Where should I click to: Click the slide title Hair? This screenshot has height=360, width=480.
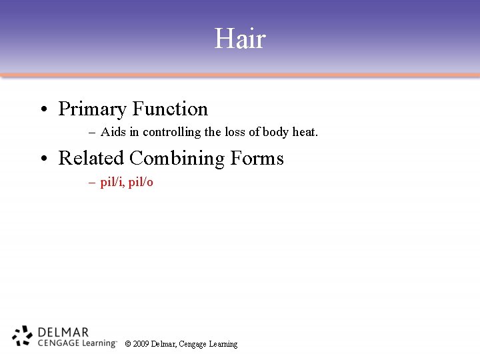pyautogui.click(x=240, y=39)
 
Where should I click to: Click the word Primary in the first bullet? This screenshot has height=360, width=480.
pyautogui.click(x=92, y=109)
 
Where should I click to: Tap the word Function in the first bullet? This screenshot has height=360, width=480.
pyautogui.click(x=170, y=109)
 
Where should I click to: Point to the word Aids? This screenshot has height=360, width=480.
pyautogui.click(x=113, y=132)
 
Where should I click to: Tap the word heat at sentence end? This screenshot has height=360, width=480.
pyautogui.click(x=305, y=132)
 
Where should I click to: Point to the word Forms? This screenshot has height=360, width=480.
pyautogui.click(x=257, y=158)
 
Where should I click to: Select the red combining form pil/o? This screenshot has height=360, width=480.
pyautogui.click(x=141, y=182)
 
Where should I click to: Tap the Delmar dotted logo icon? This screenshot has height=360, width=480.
pyautogui.click(x=23, y=335)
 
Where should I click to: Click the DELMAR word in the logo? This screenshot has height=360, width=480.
pyautogui.click(x=63, y=331)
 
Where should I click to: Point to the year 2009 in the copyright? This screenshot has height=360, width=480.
pyautogui.click(x=141, y=344)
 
